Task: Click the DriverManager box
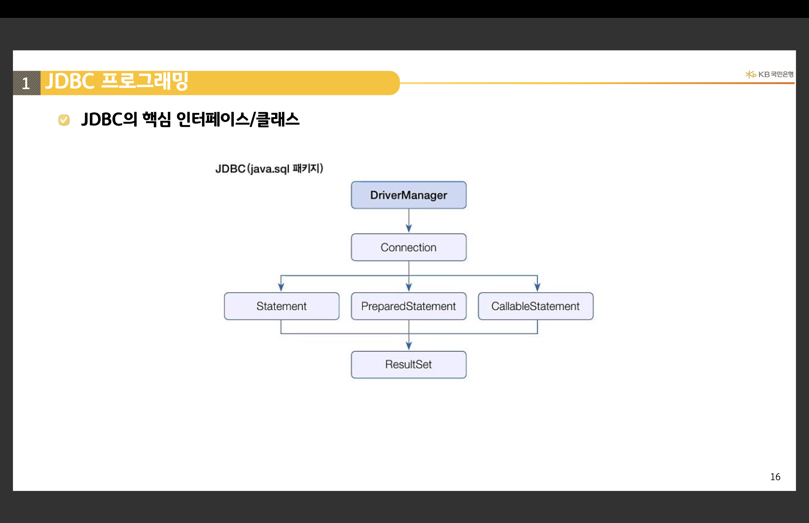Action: click(x=409, y=195)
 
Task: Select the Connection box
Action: click(x=409, y=247)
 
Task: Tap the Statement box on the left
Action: click(x=281, y=306)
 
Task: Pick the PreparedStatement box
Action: click(x=409, y=306)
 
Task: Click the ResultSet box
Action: click(x=409, y=364)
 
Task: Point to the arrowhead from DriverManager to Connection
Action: click(x=409, y=228)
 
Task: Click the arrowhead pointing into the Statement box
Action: click(x=281, y=287)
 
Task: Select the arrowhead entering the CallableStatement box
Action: click(x=537, y=287)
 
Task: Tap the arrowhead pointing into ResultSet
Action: click(x=409, y=346)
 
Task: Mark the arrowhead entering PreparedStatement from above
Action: click(x=409, y=287)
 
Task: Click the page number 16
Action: click(x=775, y=477)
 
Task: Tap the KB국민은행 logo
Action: click(x=769, y=74)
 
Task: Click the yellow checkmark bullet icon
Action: click(x=64, y=120)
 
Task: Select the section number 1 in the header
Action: click(x=26, y=83)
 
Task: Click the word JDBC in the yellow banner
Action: click(x=70, y=81)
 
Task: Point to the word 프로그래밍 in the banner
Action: click(x=145, y=81)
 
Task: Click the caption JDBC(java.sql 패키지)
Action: click(x=269, y=168)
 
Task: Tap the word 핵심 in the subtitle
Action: click(x=157, y=120)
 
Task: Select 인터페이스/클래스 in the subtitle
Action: click(x=238, y=120)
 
